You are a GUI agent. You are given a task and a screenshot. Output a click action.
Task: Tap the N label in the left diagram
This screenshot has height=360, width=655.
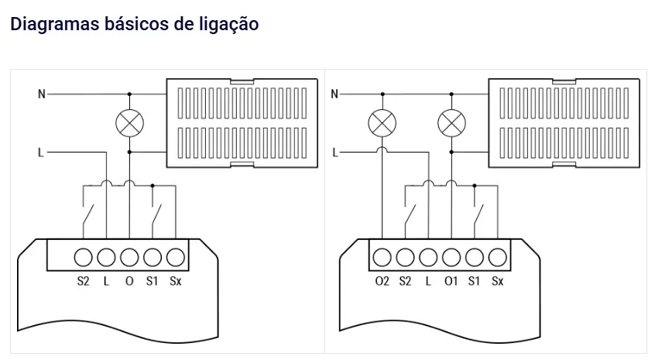pos(42,94)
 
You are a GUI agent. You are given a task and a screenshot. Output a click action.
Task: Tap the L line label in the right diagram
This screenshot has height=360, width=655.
pos(334,153)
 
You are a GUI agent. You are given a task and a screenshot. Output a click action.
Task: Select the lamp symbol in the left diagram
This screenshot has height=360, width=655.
pos(129,122)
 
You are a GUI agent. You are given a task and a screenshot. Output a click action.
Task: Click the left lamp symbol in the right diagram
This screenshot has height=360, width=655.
pos(382,122)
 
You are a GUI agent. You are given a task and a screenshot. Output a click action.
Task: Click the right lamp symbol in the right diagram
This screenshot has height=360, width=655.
pos(451,122)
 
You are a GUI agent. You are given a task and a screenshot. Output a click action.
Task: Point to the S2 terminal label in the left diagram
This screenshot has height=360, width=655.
pos(84,281)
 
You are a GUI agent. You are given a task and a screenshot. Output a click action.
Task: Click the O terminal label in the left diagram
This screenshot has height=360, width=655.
pos(129,281)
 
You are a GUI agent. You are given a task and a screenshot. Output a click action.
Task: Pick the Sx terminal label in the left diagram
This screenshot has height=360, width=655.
pos(176,281)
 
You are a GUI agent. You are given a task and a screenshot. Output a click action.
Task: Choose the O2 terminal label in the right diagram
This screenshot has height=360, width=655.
pos(382,281)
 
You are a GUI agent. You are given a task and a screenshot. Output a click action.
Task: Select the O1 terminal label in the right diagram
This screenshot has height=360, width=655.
pos(451,281)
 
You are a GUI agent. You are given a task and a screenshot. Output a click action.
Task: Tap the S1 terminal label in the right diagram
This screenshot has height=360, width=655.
pos(475,281)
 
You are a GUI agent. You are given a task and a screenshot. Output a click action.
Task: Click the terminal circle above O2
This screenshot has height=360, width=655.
pos(382,257)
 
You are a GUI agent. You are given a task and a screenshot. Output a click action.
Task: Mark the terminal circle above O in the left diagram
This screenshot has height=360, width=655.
pos(129,257)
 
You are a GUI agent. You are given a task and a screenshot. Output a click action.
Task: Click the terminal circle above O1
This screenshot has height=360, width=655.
pos(451,257)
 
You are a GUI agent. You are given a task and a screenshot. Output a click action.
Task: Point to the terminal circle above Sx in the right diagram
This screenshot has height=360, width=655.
pos(497,257)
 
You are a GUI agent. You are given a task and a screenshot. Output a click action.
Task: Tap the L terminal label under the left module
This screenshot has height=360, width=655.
pos(107,281)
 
